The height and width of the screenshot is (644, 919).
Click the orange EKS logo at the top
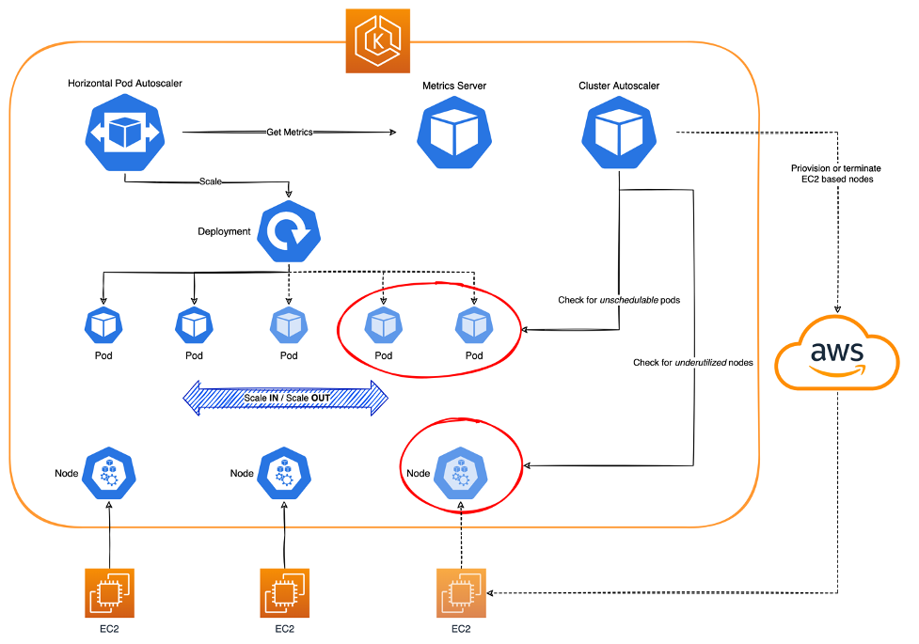377,40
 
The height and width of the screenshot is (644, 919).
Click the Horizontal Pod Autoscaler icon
125,133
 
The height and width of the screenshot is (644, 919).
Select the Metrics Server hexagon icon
454,133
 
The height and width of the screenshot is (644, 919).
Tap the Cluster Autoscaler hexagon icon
618,133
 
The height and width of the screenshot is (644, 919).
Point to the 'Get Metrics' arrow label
290,133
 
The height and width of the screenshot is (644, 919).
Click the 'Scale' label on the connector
210,181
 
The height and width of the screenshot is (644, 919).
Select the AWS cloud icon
837,354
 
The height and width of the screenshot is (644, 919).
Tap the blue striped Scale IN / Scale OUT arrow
284,398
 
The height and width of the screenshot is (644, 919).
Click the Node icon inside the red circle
460,473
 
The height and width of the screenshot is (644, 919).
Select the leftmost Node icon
110,473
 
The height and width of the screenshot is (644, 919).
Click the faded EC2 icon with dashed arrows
460,592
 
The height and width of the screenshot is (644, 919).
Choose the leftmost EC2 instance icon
109,592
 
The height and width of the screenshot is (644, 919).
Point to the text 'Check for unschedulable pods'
618,300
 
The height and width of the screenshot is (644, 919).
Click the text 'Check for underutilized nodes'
693,362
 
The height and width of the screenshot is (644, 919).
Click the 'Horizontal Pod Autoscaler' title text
125,84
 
